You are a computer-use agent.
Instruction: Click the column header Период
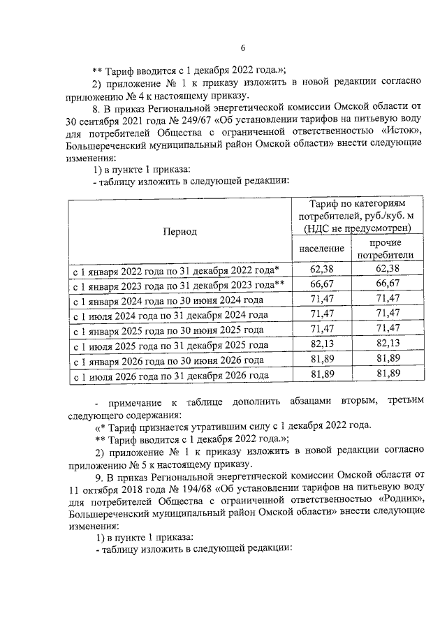180,231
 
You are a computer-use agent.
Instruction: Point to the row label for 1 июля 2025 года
170,346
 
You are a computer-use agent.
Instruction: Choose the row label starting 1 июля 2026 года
170,376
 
